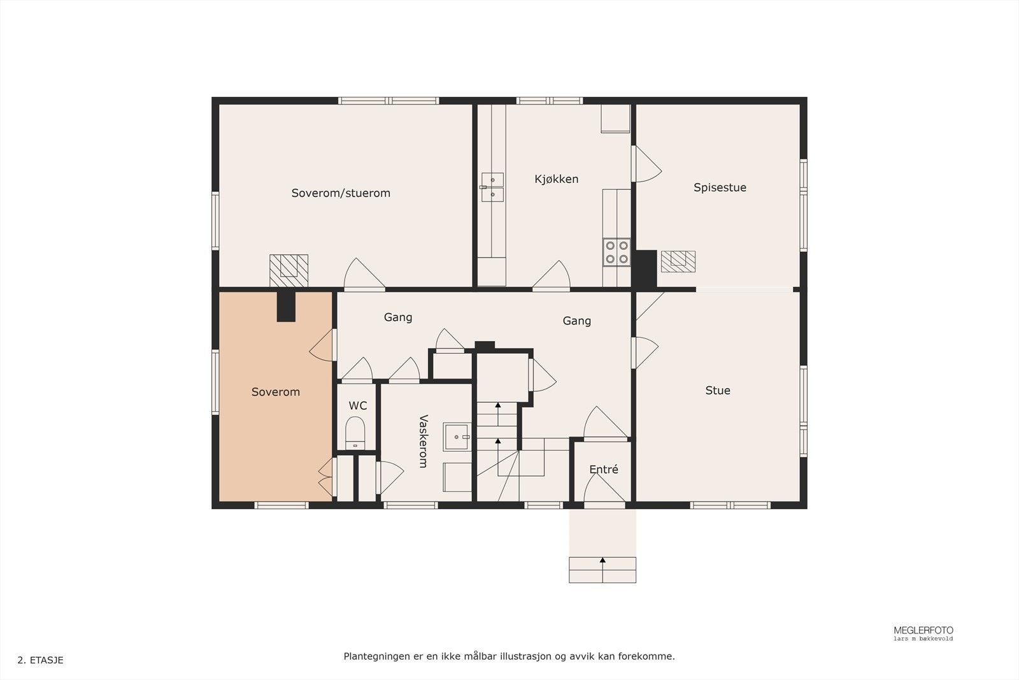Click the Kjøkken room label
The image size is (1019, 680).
pyautogui.click(x=556, y=179)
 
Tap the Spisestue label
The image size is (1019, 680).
pyautogui.click(x=720, y=187)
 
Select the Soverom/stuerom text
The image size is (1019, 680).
pyautogui.click(x=341, y=193)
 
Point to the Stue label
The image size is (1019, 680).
pyautogui.click(x=717, y=391)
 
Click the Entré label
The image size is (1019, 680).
pyautogui.click(x=603, y=470)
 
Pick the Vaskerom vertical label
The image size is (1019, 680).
pyautogui.click(x=423, y=441)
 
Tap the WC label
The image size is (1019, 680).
pyautogui.click(x=357, y=406)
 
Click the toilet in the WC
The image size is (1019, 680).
pyautogui.click(x=355, y=432)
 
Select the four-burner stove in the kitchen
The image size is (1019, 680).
pyautogui.click(x=616, y=252)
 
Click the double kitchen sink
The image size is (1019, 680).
pyautogui.click(x=492, y=187)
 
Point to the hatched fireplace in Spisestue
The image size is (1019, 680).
pyautogui.click(x=678, y=261)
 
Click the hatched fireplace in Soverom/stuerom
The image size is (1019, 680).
pyautogui.click(x=289, y=270)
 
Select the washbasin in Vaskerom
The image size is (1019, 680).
pyautogui.click(x=456, y=437)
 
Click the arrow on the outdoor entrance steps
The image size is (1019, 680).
pyautogui.click(x=602, y=561)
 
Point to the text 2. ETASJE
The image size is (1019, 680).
pyautogui.click(x=40, y=660)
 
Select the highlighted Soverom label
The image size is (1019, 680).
pyautogui.click(x=275, y=392)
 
